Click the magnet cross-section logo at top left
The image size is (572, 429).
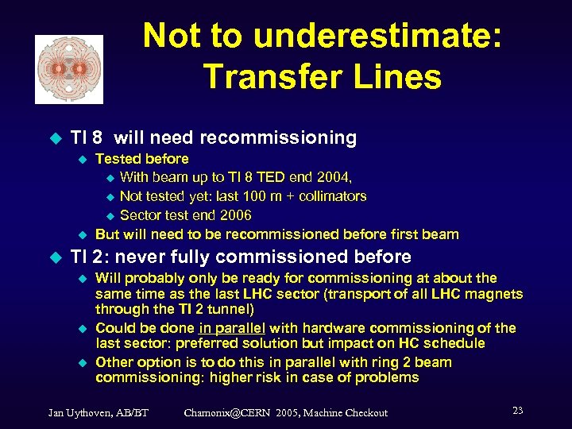click(69, 69)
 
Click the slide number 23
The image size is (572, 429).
click(517, 411)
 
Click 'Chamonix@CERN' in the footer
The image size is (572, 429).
click(230, 412)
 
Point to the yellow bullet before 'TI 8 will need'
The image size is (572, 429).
click(55, 137)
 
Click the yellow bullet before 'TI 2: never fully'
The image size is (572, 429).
click(55, 257)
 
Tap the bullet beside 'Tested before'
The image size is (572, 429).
click(80, 159)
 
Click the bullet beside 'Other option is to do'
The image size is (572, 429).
click(80, 362)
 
